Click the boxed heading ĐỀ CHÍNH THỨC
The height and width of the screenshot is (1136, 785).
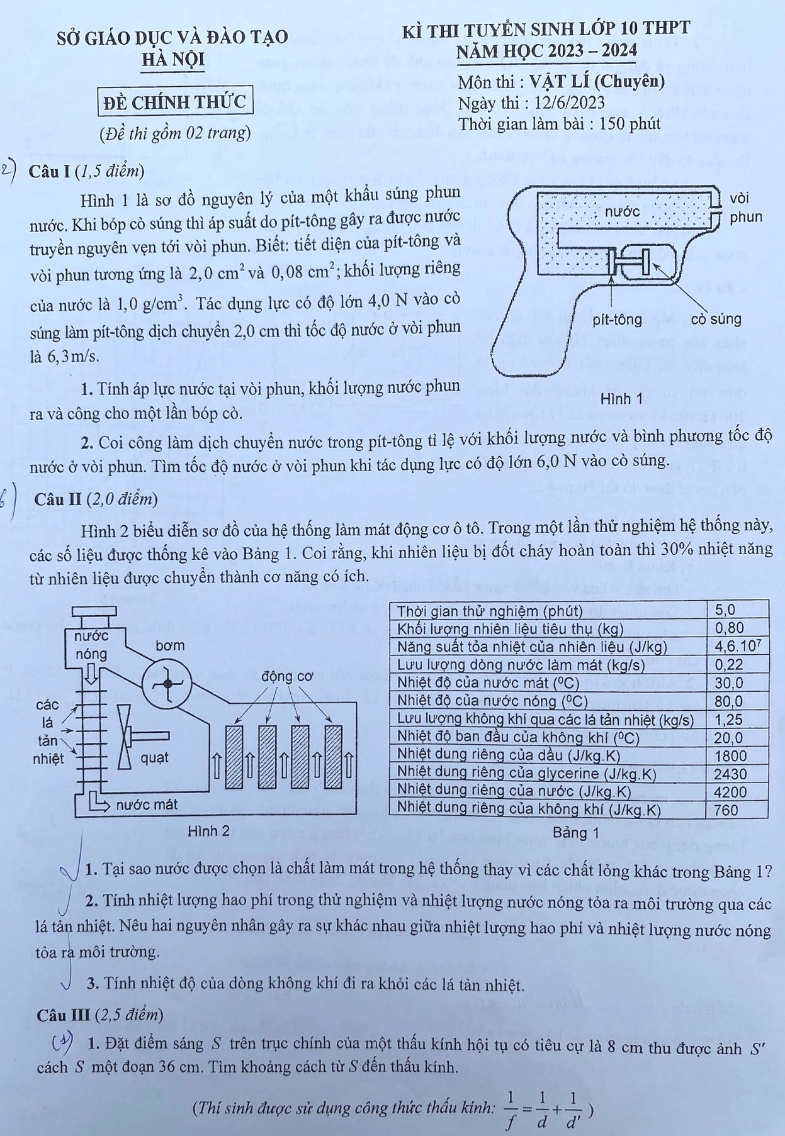(x=175, y=101)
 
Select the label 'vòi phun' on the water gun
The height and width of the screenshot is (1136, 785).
(x=745, y=208)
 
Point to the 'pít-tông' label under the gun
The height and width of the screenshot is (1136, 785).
(x=617, y=320)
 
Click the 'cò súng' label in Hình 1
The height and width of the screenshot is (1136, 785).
(x=716, y=320)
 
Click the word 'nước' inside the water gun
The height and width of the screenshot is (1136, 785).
(x=622, y=212)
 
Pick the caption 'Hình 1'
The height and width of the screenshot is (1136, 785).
(x=621, y=399)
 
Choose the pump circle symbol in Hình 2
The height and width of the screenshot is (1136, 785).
(x=166, y=684)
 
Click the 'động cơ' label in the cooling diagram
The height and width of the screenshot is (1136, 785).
(x=287, y=677)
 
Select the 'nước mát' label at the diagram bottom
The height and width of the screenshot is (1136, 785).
(x=147, y=804)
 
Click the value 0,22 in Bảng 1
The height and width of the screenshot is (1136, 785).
(x=729, y=664)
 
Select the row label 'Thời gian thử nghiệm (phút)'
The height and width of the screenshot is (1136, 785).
(x=490, y=611)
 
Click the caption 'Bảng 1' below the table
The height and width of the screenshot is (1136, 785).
(x=575, y=833)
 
